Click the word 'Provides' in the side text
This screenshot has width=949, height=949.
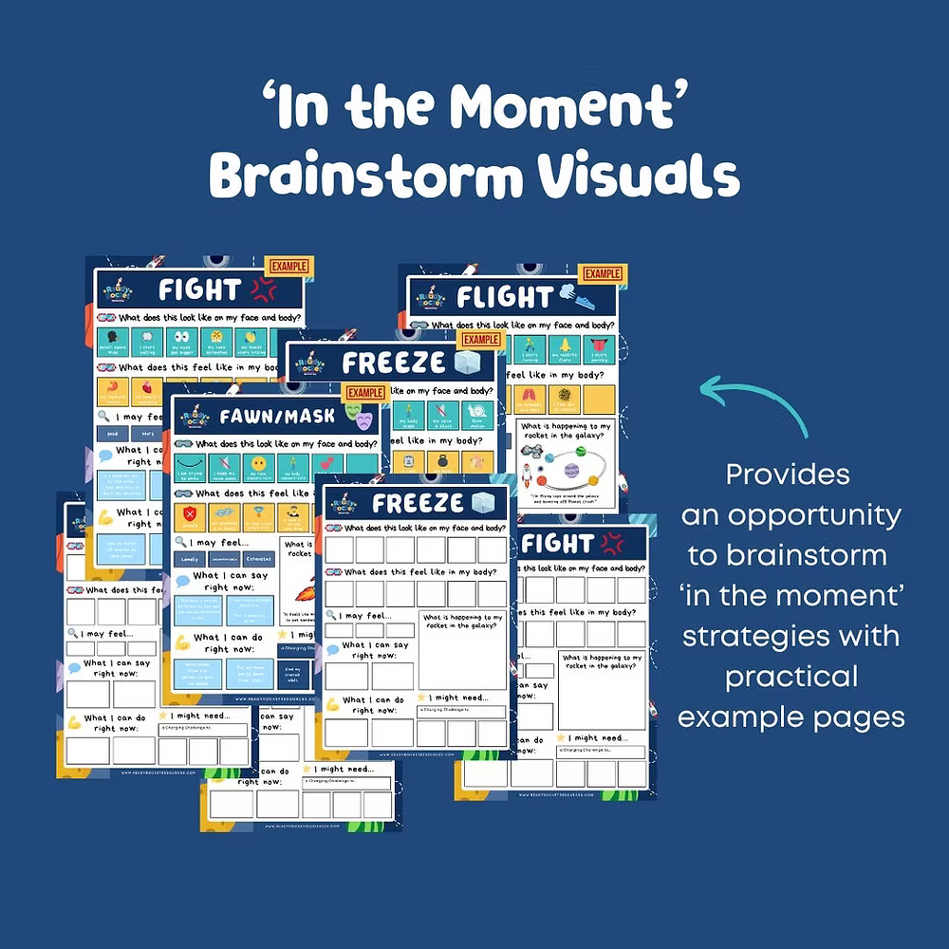[788, 474]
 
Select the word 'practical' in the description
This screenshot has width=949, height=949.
[791, 676]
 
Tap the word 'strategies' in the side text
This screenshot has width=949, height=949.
[791, 635]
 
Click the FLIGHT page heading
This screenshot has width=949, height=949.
[503, 297]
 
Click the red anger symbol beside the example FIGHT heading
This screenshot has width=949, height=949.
[263, 288]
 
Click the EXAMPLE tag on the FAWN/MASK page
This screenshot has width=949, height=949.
[365, 392]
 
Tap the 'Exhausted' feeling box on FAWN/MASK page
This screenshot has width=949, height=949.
[257, 559]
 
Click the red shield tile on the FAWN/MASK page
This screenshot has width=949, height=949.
[188, 517]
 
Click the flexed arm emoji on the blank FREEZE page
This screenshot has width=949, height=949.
[333, 704]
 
